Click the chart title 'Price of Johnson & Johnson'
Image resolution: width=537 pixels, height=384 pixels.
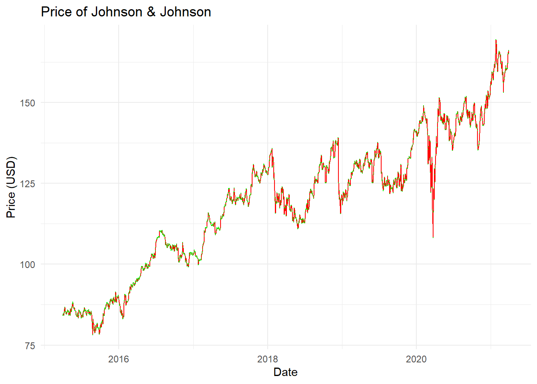pos(126,12)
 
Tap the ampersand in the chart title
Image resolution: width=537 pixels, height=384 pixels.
pos(151,12)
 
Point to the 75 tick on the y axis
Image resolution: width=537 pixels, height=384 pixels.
pos(30,346)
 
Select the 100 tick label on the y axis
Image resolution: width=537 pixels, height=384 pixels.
pos(28,265)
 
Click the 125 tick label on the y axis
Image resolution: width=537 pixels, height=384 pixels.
pos(28,184)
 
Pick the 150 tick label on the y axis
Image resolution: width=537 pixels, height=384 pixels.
pos(28,103)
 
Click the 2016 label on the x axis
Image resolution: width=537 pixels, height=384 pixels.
pos(119,359)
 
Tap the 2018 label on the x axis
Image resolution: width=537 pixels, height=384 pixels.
pos(268,359)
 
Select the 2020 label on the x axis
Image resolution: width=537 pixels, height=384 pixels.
pos(416,359)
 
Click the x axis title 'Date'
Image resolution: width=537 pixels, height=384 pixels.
pos(285,372)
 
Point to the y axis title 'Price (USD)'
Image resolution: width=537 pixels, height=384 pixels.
pos(11,187)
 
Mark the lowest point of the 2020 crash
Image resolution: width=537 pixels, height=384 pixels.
pos(433,238)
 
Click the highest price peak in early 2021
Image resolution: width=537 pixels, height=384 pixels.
pos(496,40)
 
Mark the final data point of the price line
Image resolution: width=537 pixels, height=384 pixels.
pos(509,51)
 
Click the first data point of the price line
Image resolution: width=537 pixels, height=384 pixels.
pos(63,315)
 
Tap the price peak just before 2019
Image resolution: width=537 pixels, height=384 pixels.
pos(338,138)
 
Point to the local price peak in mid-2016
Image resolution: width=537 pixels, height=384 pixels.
pos(161,231)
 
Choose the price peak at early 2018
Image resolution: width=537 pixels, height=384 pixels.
pos(272,149)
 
